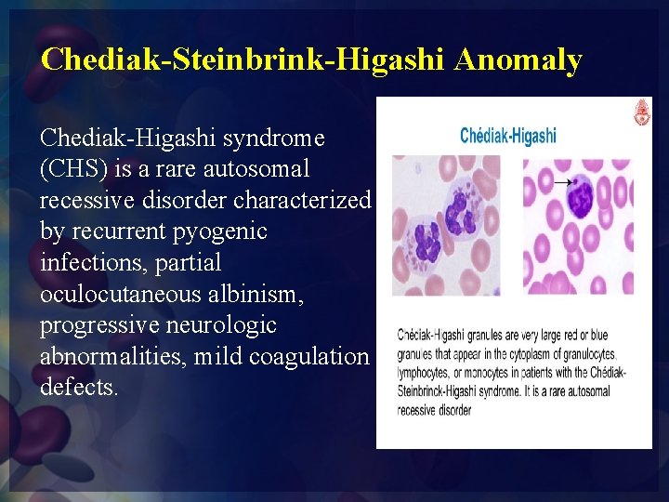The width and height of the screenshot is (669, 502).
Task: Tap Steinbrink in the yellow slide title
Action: [x=245, y=60]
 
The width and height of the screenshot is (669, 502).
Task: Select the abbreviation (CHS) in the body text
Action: [x=73, y=170]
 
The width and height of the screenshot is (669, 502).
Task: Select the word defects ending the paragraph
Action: [x=79, y=388]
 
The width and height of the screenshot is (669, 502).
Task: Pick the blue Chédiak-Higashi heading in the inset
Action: [x=508, y=136]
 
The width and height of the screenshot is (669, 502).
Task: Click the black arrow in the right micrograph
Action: [x=563, y=183]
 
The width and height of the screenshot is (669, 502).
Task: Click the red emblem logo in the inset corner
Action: [x=640, y=113]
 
